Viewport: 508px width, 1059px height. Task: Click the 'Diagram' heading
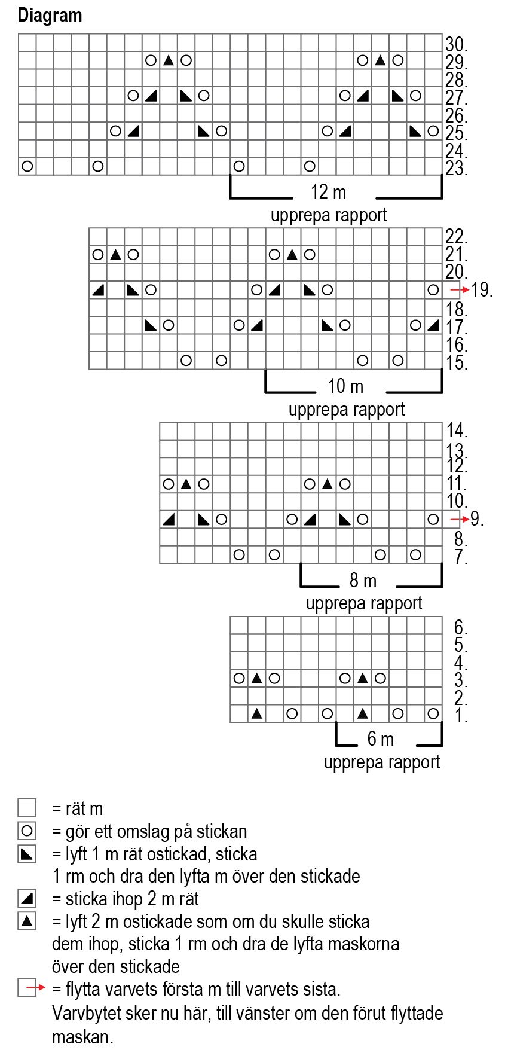(x=50, y=15)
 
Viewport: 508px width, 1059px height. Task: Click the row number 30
(x=455, y=44)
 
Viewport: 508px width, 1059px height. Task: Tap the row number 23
(x=455, y=168)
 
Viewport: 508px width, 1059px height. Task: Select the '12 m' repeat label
(x=328, y=192)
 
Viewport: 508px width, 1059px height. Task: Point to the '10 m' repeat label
(x=345, y=386)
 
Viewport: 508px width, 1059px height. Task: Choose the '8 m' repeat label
(x=363, y=581)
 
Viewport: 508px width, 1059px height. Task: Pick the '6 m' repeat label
(x=381, y=739)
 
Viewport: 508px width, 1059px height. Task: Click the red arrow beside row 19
(x=459, y=290)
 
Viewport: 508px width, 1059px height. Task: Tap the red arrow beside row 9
(x=459, y=519)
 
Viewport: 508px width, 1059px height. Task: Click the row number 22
(x=455, y=237)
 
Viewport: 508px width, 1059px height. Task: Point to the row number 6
(x=460, y=627)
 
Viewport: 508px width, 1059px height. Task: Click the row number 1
(x=460, y=715)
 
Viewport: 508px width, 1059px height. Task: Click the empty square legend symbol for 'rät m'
(x=27, y=808)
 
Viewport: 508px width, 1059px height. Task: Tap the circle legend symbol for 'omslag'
(x=27, y=831)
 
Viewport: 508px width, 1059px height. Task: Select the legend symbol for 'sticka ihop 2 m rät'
(x=27, y=898)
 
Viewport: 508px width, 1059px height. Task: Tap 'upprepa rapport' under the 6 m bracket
(x=381, y=762)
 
